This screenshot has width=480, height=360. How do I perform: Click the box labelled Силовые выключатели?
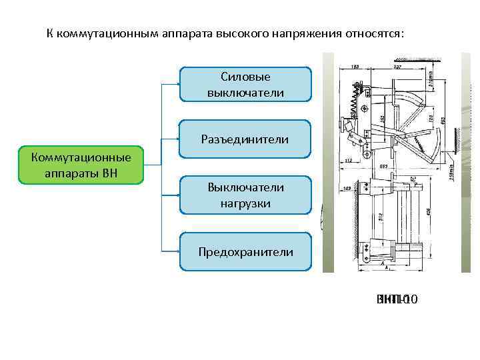[x=245, y=84]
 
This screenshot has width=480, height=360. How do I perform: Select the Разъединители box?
[x=245, y=139]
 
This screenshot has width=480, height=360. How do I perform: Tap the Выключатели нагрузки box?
[x=245, y=195]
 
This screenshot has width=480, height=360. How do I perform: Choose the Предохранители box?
[x=245, y=251]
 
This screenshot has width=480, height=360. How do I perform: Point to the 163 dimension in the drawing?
[x=355, y=67]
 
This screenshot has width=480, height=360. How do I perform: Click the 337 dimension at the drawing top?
[x=397, y=67]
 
